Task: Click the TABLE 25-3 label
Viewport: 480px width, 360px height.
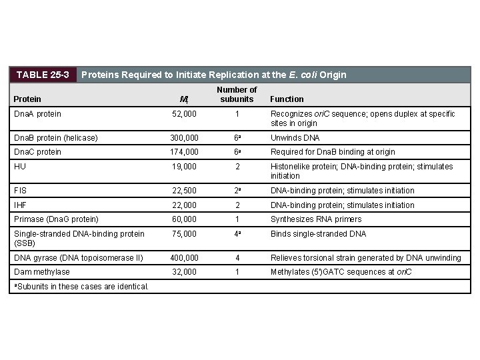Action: click(x=43, y=75)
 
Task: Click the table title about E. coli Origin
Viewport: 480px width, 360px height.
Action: click(x=213, y=75)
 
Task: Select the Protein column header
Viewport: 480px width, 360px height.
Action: click(x=27, y=99)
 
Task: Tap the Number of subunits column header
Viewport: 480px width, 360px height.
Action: click(x=237, y=95)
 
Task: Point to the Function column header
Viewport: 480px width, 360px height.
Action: click(x=287, y=99)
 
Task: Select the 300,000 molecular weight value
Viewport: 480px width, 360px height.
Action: click(x=184, y=138)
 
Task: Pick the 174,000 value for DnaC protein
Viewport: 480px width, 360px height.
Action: click(x=184, y=152)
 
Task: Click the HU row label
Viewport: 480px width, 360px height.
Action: click(x=20, y=167)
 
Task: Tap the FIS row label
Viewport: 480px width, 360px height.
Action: click(x=21, y=191)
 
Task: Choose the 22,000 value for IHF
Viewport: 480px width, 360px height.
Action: click(x=184, y=205)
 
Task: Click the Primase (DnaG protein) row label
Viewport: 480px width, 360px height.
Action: click(x=56, y=219)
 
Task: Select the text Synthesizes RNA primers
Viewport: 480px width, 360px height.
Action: click(x=316, y=219)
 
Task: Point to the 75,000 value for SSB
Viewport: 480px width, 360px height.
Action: click(x=184, y=234)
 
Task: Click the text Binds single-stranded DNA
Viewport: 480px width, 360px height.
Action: click(x=318, y=234)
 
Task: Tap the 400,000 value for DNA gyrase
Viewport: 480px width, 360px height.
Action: click(x=184, y=258)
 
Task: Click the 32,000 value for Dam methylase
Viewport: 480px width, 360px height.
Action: click(x=184, y=272)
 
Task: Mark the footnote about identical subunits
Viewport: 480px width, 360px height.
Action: click(x=80, y=287)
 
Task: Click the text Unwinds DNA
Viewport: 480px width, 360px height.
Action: click(x=295, y=138)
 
